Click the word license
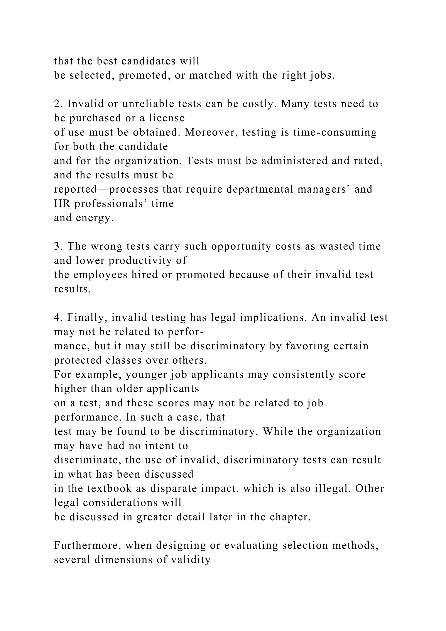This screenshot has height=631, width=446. point(167,118)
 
